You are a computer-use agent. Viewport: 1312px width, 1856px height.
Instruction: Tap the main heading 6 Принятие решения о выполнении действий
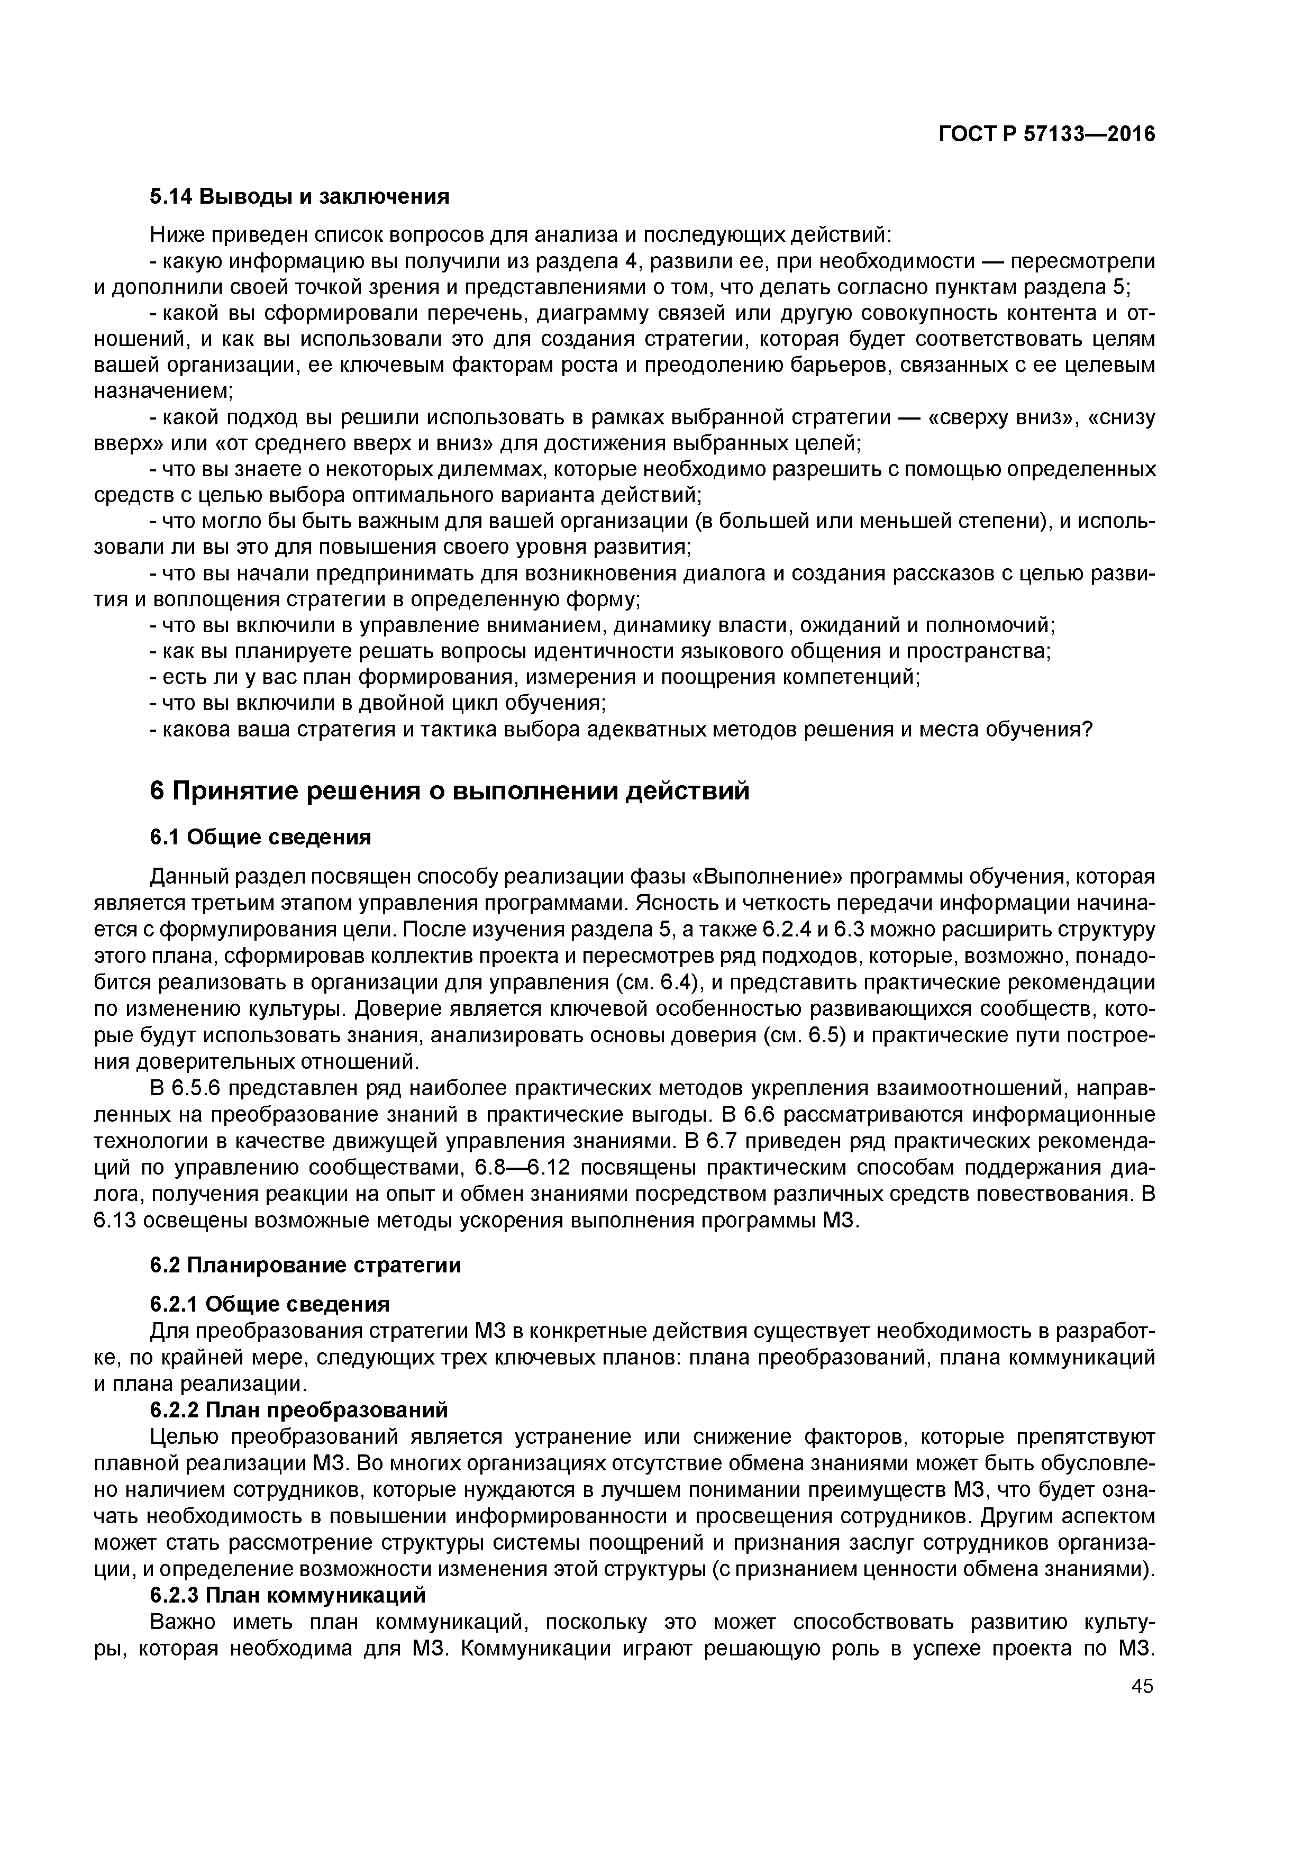coord(450,790)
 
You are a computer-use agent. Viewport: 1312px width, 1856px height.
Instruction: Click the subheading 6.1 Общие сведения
coord(260,836)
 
